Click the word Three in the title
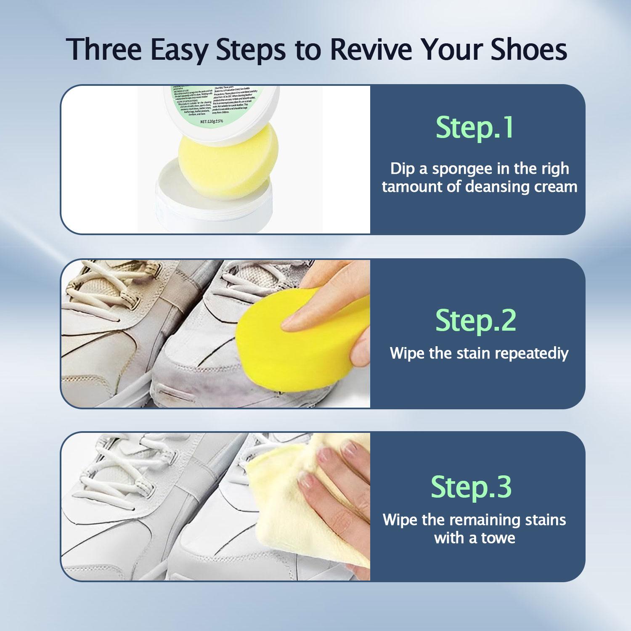coord(103,50)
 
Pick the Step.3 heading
coord(471,487)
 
